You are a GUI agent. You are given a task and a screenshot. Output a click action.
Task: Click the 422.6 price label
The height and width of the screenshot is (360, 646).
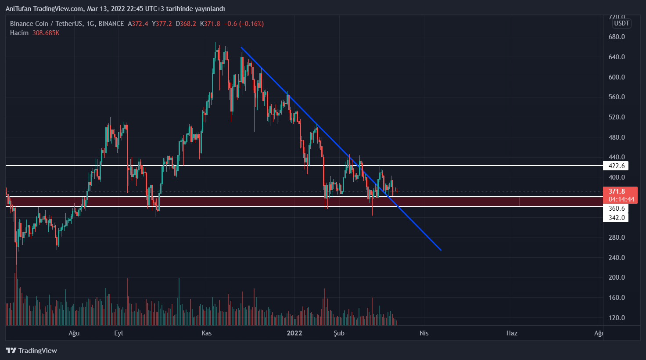pos(616,166)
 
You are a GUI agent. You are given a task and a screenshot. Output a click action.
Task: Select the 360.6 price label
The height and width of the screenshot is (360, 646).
pos(616,209)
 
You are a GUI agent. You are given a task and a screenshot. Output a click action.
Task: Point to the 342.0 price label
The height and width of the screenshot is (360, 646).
pos(616,218)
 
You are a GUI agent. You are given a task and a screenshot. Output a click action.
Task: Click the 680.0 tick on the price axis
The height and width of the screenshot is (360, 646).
pos(617,37)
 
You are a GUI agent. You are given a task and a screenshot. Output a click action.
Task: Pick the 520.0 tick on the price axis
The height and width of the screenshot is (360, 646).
pos(617,117)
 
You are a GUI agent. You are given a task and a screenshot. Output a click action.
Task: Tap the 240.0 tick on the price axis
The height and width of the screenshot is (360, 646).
pos(617,258)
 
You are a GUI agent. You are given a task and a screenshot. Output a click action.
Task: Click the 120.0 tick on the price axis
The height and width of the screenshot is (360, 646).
pos(617,318)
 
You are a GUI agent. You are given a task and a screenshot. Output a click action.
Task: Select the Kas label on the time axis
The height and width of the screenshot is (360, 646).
pos(206,333)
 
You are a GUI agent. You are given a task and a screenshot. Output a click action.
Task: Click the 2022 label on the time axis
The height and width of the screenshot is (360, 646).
pos(294,333)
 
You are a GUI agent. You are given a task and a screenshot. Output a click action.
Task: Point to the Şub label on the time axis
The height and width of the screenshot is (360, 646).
pos(339,333)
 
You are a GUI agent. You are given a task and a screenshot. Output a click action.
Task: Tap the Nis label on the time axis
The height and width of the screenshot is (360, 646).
pos(424,333)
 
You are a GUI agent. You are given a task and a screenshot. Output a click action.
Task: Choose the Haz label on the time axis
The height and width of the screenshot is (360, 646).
pos(512,333)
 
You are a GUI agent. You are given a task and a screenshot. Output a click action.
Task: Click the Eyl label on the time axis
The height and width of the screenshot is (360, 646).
pos(118,333)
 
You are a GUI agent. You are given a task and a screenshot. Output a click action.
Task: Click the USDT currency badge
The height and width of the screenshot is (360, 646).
pos(621,23)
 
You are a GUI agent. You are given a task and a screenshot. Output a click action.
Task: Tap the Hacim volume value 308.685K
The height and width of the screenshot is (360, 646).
pos(46,33)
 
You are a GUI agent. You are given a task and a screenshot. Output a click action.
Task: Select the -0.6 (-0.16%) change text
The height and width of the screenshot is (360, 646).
pos(244,24)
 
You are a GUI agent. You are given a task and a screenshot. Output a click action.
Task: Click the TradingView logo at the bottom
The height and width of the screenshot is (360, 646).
pos(32,350)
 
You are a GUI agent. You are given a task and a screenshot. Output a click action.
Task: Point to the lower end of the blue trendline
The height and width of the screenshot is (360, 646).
pos(441,250)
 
